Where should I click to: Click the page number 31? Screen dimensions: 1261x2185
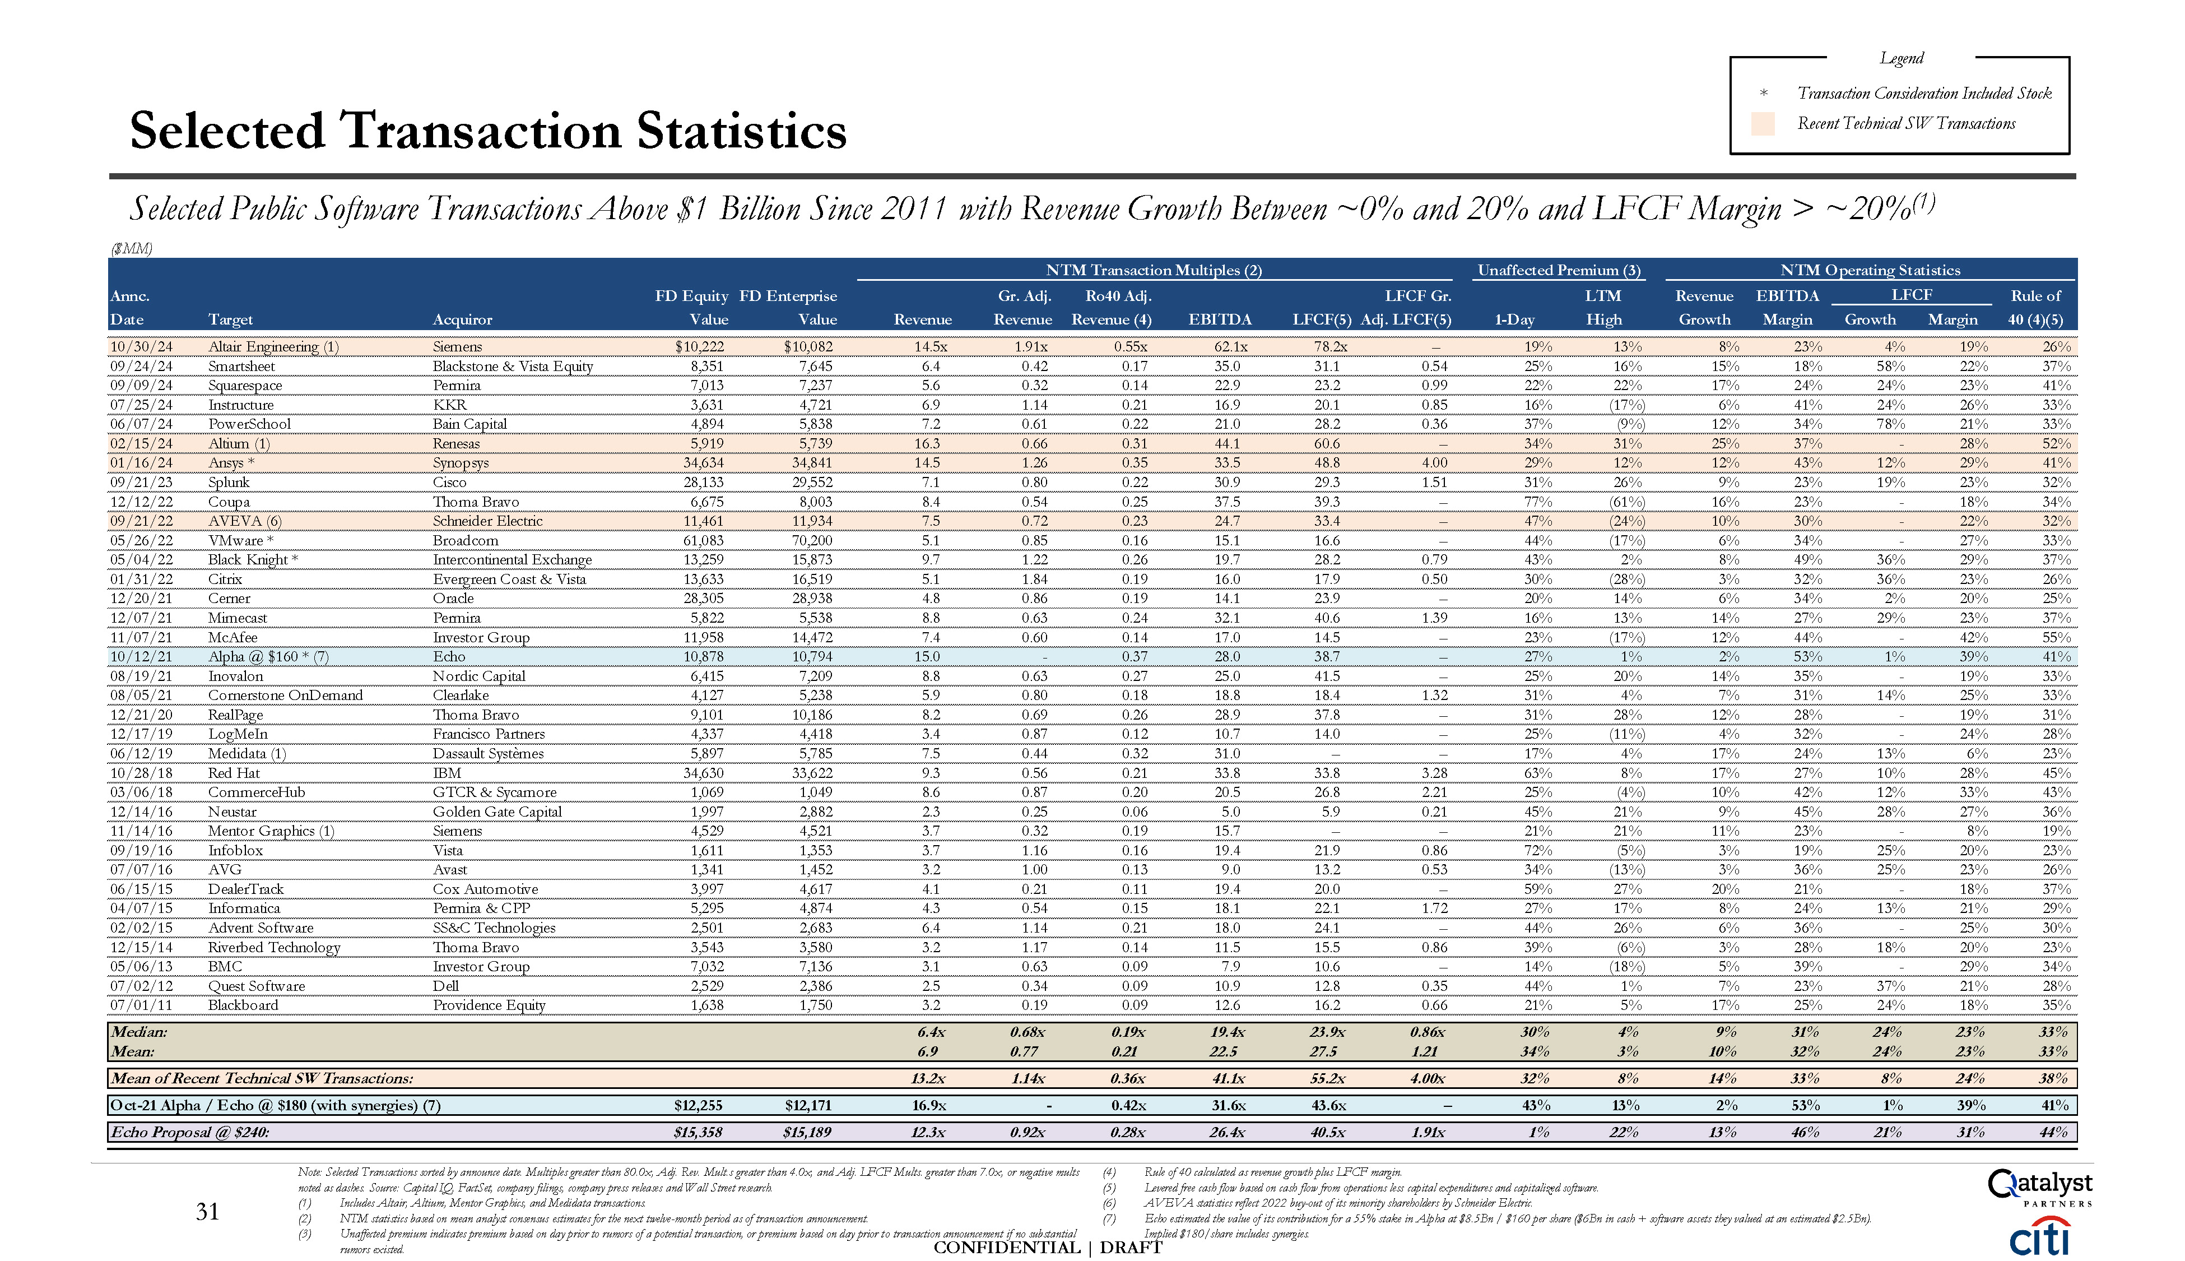click(x=208, y=1212)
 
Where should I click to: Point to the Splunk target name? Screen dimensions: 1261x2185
click(x=229, y=483)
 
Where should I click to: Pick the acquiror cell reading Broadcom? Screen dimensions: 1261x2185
click(x=465, y=540)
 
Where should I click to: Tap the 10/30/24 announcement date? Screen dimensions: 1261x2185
click(x=141, y=346)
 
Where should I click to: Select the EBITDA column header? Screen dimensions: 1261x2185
click(x=1220, y=319)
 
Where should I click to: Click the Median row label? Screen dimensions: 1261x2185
click(x=138, y=1031)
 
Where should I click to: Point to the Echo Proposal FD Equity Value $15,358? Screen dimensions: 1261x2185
click(x=698, y=1132)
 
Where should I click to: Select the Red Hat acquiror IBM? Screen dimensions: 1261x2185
click(x=447, y=772)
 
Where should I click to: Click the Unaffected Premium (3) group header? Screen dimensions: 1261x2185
click(x=1558, y=270)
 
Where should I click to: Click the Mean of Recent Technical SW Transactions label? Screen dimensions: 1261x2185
click(x=262, y=1078)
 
